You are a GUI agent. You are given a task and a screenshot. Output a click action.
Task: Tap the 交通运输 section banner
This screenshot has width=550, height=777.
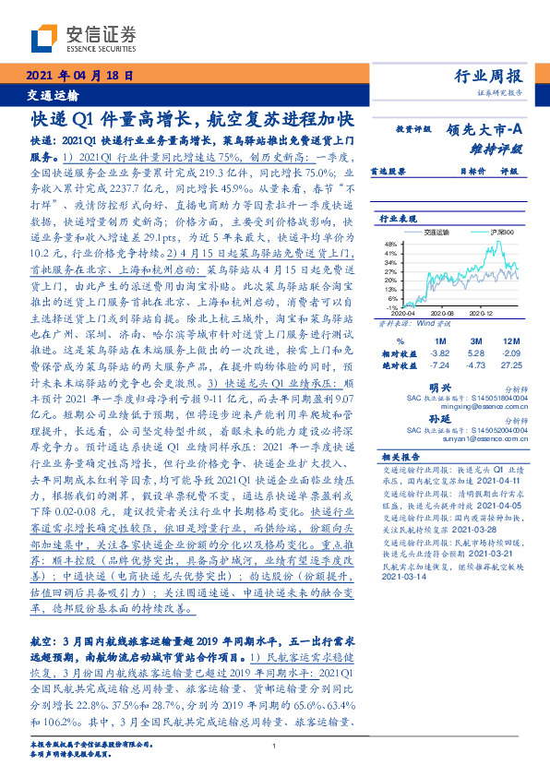click(52, 95)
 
